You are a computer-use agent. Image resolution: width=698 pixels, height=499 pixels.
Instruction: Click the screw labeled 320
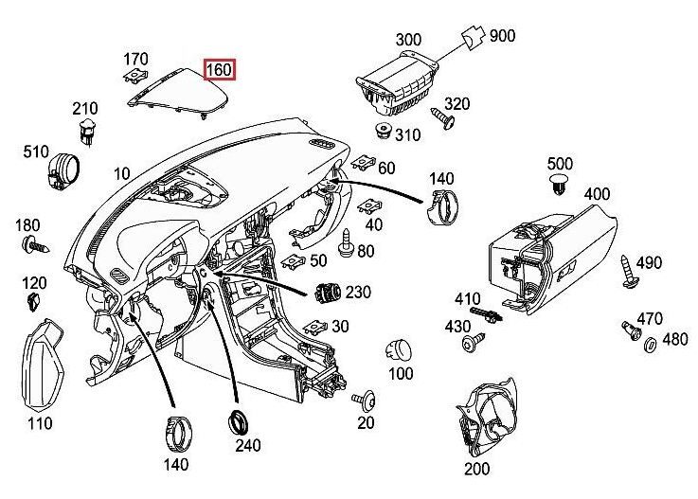442,116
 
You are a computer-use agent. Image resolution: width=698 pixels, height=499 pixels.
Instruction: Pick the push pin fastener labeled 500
559,184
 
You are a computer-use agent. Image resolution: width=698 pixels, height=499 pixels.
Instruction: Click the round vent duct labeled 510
63,169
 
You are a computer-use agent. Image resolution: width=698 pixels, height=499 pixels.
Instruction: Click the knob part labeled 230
326,294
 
